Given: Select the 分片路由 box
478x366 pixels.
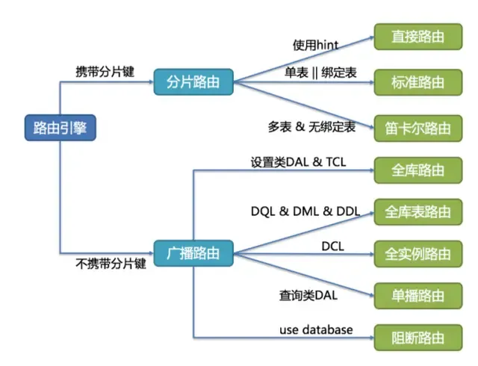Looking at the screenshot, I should click(x=193, y=81).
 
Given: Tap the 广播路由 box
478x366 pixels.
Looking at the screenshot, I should click(x=193, y=252).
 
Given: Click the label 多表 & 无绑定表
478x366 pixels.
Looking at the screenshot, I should click(x=311, y=128).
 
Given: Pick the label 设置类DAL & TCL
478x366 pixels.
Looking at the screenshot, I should click(x=298, y=161).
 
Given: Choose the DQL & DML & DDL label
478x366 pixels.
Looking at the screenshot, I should click(x=305, y=212).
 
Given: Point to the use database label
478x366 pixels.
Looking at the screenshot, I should click(x=316, y=329).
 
